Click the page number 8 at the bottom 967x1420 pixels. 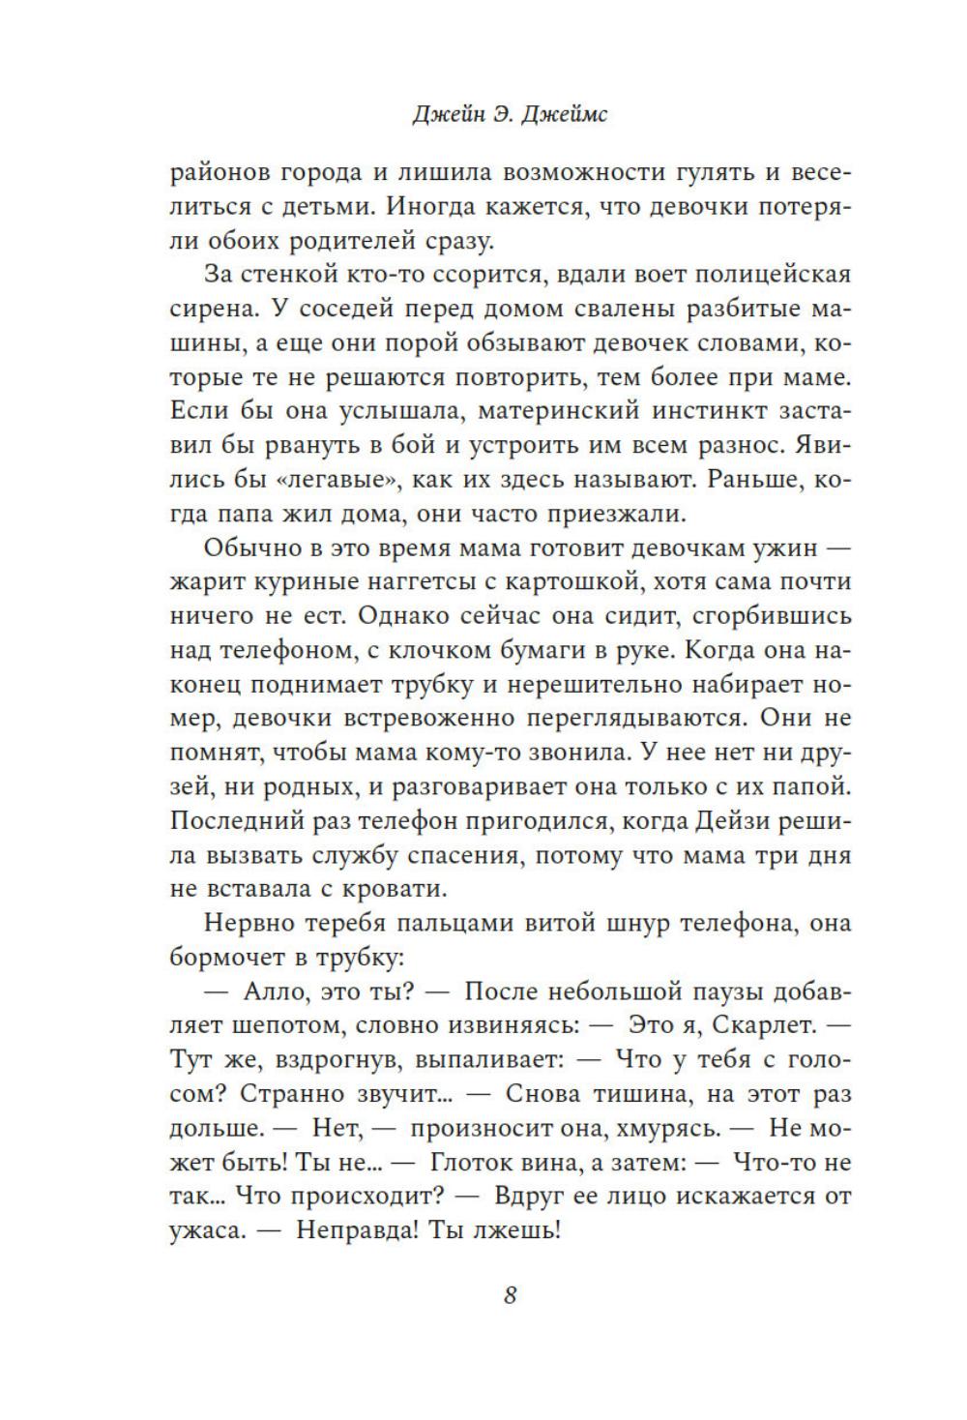[x=511, y=1294]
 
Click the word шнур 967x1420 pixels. [x=604, y=923]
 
